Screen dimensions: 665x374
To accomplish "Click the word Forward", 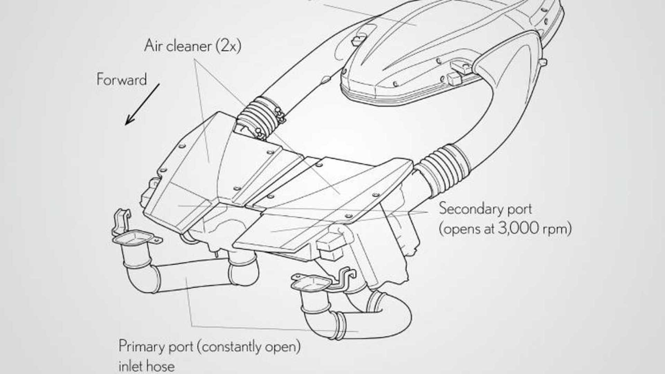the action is (x=122, y=79).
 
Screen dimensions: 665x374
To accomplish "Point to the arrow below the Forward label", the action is (x=142, y=104).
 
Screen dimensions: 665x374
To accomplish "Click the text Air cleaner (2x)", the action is (x=193, y=46).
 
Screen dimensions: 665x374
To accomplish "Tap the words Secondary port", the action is (x=485, y=209).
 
